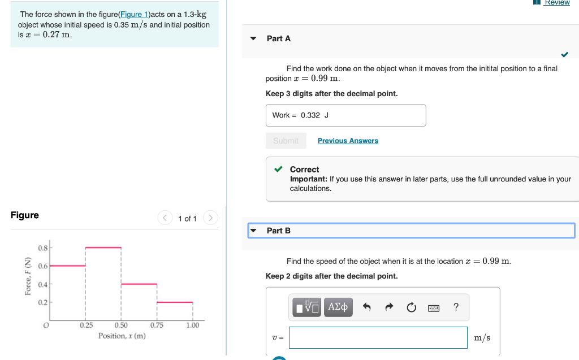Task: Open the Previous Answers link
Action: (x=348, y=141)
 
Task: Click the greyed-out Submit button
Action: (x=286, y=141)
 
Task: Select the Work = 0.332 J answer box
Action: (x=345, y=115)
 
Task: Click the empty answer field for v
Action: (x=378, y=337)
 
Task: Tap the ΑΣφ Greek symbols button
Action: (x=338, y=307)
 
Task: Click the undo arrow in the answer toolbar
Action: (x=367, y=307)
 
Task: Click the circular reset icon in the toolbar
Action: (x=411, y=307)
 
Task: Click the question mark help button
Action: (x=456, y=307)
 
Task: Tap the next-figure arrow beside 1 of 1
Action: (x=210, y=218)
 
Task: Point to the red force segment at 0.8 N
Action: (x=103, y=248)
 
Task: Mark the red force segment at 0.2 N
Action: (x=175, y=302)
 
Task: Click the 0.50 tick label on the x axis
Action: (x=121, y=325)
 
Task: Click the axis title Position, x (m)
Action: (x=122, y=336)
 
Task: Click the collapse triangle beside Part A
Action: (x=253, y=38)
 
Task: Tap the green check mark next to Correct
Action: (x=278, y=169)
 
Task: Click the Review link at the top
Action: (x=556, y=3)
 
